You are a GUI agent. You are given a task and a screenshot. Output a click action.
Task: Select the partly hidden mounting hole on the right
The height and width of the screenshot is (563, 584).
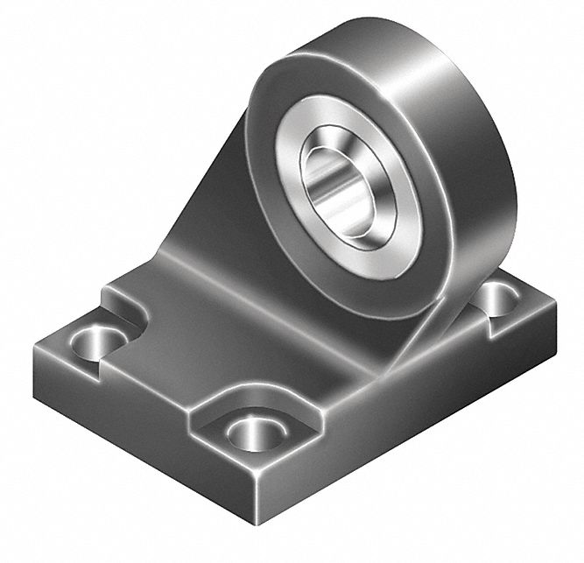[x=496, y=299]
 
